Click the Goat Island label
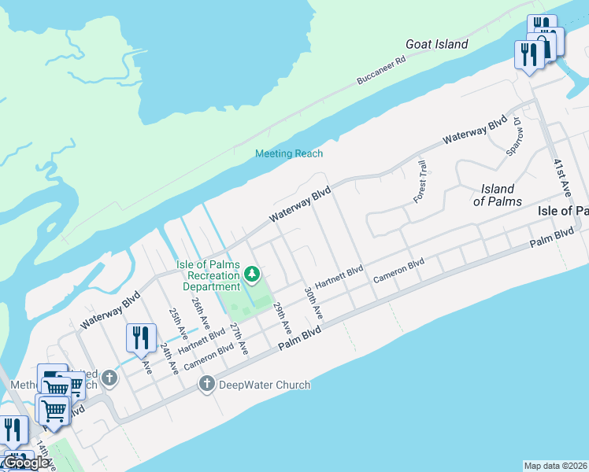pos(436,45)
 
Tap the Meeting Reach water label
pos(289,153)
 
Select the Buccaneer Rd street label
pos(381,69)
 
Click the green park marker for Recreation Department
pos(252,274)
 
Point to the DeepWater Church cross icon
pos(206,385)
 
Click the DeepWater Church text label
pos(265,385)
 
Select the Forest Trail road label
pos(420,182)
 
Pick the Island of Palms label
pos(498,195)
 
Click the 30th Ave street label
pos(313,302)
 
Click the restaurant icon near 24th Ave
pos(141,338)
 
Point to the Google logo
pos(26,463)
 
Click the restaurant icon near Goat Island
pos(528,54)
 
